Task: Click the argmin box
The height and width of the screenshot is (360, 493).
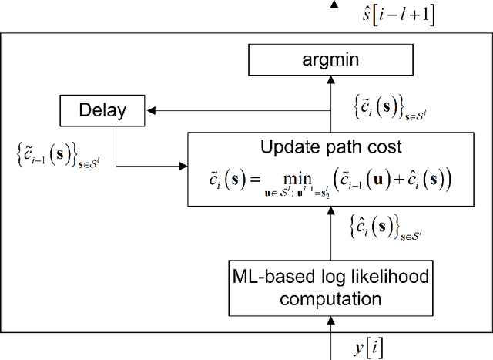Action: [333, 59]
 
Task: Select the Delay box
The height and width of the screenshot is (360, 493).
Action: [102, 109]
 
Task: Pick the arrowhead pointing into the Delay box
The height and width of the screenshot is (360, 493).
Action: [152, 109]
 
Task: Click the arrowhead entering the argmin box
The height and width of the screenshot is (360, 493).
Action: [333, 77]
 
